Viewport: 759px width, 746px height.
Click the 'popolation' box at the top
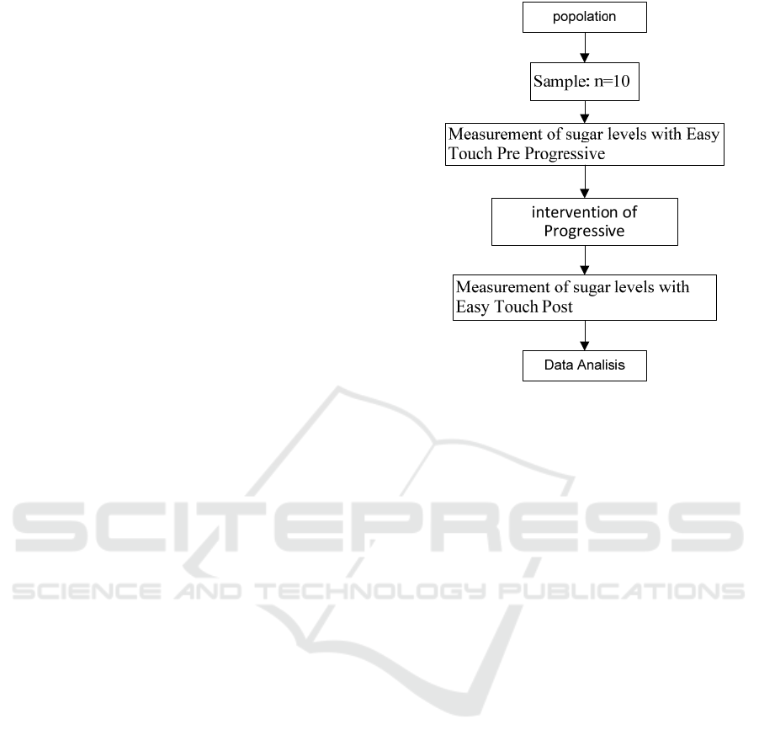pyautogui.click(x=584, y=18)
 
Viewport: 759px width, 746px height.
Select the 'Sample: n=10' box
pyautogui.click(x=584, y=82)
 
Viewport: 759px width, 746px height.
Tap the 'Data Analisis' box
pyautogui.click(x=584, y=365)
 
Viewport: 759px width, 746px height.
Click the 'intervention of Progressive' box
pyautogui.click(x=584, y=221)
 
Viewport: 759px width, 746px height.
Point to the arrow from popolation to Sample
pyautogui.click(x=585, y=47)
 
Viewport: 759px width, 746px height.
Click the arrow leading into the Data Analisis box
pyautogui.click(x=585, y=335)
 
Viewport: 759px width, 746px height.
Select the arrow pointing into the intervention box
pyautogui.click(x=585, y=182)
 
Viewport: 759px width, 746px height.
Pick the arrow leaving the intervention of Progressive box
pyautogui.click(x=585, y=260)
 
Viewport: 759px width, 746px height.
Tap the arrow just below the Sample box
pyautogui.click(x=585, y=112)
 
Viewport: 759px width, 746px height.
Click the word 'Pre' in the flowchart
pyautogui.click(x=509, y=153)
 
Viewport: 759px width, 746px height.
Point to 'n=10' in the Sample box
pyautogui.click(x=612, y=81)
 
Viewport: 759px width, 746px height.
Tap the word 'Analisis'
pyautogui.click(x=602, y=365)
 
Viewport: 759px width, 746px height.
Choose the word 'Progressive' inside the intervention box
pyautogui.click(x=584, y=231)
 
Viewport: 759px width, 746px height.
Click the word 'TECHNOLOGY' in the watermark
pyautogui.click(x=369, y=591)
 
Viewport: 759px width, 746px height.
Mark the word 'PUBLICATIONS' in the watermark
pyautogui.click(x=622, y=591)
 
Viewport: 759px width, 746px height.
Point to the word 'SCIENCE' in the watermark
pyautogui.click(x=87, y=591)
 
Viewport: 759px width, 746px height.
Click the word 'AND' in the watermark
pyautogui.click(x=208, y=591)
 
